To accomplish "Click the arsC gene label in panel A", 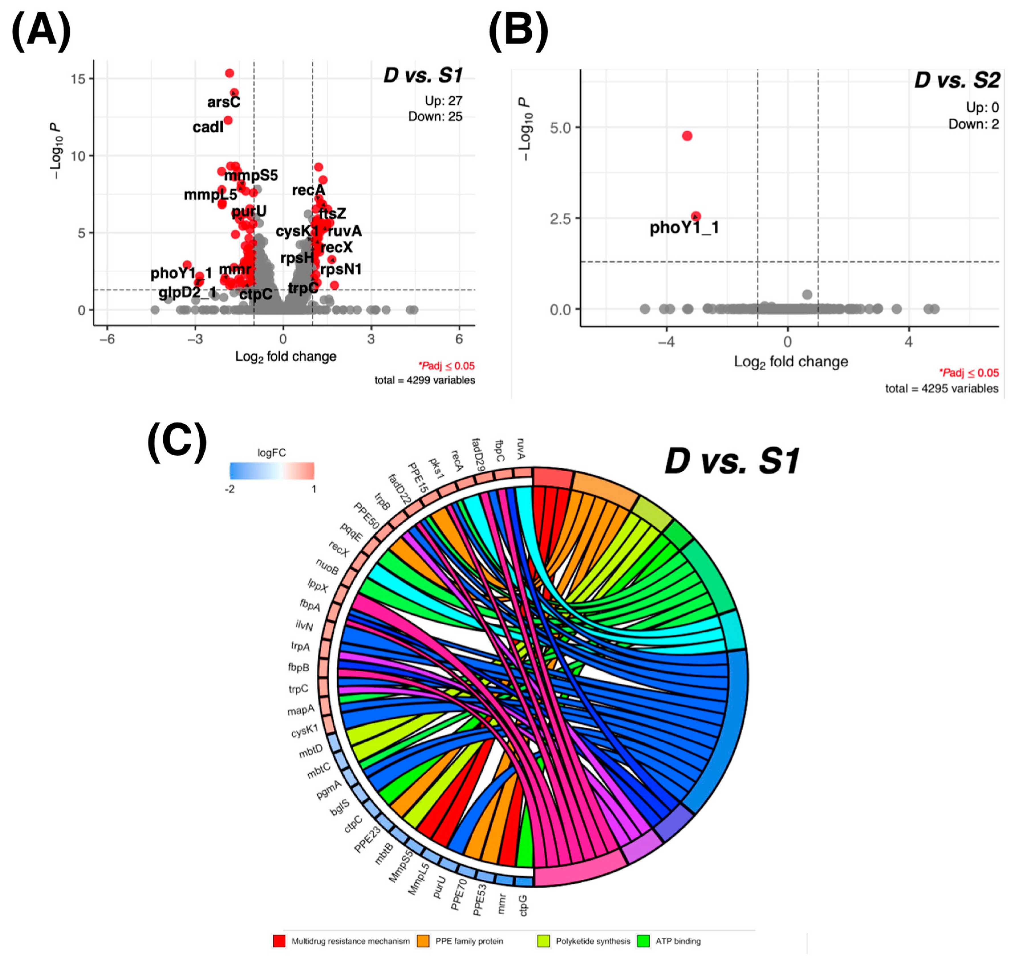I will click(x=223, y=102).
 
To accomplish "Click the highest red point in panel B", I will click(x=687, y=136).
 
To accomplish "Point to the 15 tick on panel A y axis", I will click(x=79, y=79).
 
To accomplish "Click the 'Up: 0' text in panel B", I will click(x=982, y=108).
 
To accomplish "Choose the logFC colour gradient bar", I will click(x=272, y=470).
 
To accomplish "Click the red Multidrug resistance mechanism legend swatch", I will click(x=279, y=941).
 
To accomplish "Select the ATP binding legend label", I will click(x=678, y=941).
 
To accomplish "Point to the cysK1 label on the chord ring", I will click(x=304, y=731).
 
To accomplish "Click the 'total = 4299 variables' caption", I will click(x=424, y=380).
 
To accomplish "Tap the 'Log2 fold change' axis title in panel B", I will click(x=791, y=362).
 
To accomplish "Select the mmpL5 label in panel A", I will click(x=210, y=195).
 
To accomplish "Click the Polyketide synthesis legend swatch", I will click(x=544, y=941).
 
